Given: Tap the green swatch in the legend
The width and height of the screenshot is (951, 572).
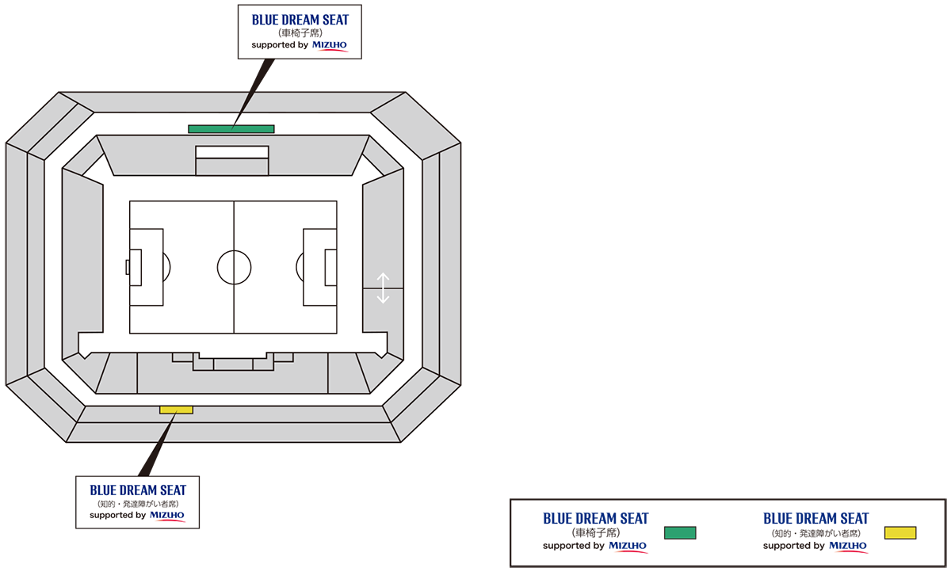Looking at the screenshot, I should click(x=679, y=532).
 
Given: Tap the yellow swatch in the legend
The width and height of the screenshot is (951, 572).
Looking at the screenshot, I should click(x=899, y=532).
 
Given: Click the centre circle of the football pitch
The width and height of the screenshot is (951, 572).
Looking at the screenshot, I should click(x=234, y=267).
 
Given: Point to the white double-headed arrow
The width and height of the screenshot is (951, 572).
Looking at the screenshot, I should click(x=383, y=288).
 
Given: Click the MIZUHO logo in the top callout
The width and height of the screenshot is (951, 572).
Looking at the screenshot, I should click(x=330, y=45).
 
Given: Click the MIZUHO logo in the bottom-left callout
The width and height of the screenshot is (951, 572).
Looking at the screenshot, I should click(x=167, y=515).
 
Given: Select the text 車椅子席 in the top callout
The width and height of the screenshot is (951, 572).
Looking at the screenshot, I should click(x=300, y=33).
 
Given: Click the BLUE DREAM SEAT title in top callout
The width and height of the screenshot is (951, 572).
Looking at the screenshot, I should click(x=300, y=20).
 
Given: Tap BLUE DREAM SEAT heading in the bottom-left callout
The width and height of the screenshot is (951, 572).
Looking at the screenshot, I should click(x=137, y=490).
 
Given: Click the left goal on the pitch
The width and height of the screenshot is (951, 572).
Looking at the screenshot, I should click(x=128, y=267).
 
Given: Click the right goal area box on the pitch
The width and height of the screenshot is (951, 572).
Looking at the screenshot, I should click(x=330, y=267).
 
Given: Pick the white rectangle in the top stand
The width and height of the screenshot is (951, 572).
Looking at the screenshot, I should click(x=231, y=152).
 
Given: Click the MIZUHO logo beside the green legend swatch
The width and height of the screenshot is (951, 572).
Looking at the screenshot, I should click(x=628, y=546).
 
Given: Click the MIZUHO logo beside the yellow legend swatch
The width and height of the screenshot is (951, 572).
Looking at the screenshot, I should click(x=848, y=546).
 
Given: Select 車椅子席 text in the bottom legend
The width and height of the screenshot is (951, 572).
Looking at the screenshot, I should click(x=596, y=533).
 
